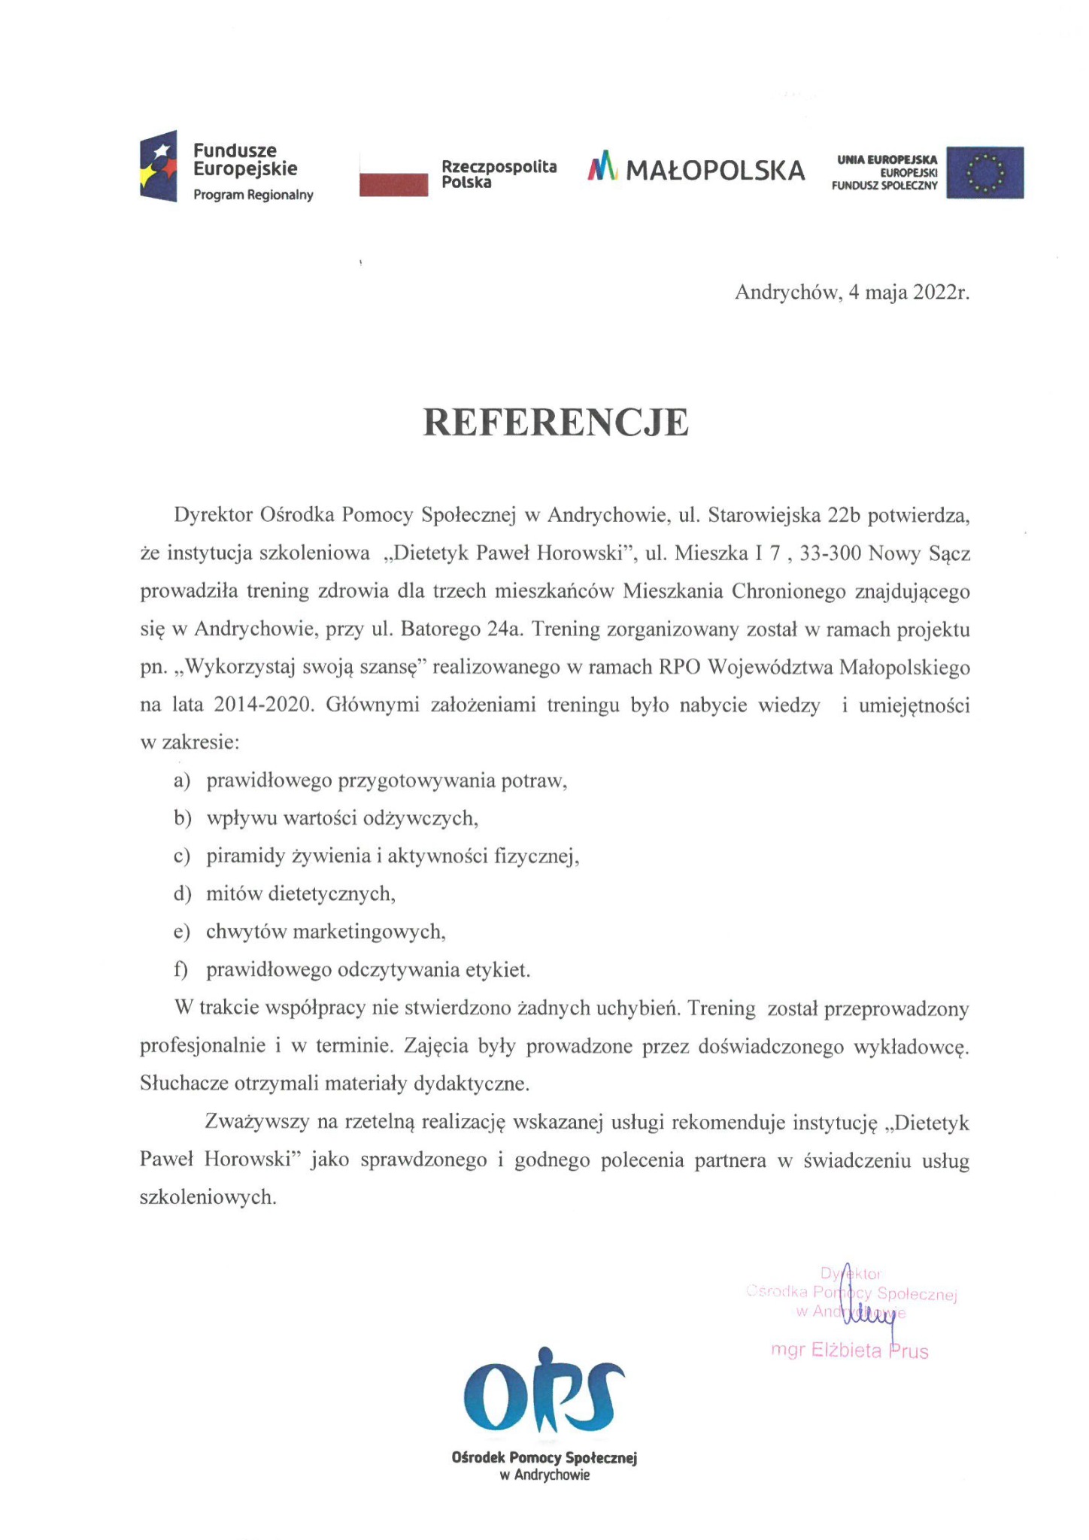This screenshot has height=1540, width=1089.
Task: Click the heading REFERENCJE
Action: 556,423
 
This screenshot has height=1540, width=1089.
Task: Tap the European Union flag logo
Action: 984,172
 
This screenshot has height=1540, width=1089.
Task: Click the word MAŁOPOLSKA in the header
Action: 715,171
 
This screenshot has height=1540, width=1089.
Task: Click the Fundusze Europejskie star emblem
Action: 159,165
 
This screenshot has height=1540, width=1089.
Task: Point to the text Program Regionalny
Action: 253,196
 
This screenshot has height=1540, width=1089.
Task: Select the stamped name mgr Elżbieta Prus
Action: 850,1351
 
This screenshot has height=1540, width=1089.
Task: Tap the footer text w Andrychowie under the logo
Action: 544,1475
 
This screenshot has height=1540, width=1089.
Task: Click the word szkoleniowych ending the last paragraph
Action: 208,1198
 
